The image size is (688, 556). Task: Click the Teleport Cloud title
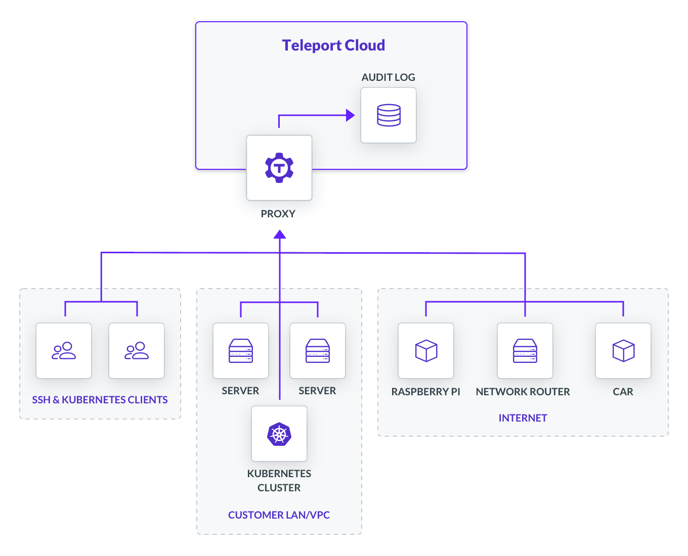[333, 45]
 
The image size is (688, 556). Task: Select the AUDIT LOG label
[388, 77]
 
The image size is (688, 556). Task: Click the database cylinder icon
[389, 115]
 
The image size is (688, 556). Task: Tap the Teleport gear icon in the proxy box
[279, 168]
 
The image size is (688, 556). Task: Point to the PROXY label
[278, 214]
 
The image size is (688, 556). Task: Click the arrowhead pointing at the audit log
[350, 115]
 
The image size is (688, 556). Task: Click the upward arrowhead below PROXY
[280, 235]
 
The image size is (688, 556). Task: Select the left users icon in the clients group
[64, 351]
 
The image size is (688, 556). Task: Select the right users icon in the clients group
[137, 351]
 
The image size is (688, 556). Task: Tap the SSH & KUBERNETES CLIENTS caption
[100, 400]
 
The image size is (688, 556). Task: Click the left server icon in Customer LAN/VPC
[241, 351]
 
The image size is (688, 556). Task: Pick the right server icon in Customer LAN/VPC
[318, 351]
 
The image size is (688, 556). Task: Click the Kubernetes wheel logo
[279, 434]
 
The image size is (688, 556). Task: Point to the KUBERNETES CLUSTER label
[279, 481]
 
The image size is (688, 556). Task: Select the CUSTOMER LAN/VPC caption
[279, 515]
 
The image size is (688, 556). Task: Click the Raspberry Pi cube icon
[426, 351]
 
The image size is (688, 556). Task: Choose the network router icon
[525, 351]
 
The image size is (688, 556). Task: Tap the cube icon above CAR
[623, 351]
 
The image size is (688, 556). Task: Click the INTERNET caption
[523, 418]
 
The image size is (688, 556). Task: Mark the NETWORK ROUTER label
[523, 392]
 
